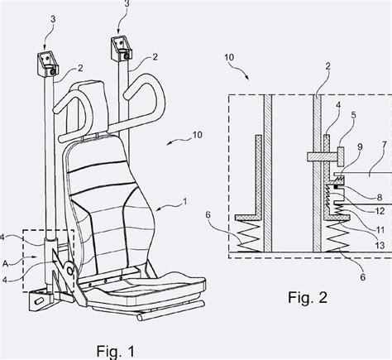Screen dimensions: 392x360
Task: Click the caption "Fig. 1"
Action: (116, 351)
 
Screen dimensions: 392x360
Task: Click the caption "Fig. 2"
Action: (308, 298)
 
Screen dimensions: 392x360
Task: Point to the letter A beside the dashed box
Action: (6, 263)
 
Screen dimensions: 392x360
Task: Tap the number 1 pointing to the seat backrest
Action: (185, 201)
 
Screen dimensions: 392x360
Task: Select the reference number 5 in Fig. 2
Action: (353, 115)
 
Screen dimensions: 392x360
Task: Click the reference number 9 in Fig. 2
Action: (360, 147)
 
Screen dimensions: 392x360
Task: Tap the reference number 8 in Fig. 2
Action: (380, 198)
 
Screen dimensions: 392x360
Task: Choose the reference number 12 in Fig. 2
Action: (380, 211)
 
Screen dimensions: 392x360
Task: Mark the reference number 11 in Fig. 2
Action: (380, 229)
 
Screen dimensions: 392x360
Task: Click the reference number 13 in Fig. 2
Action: (380, 245)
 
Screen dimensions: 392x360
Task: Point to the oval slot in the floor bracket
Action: (39, 300)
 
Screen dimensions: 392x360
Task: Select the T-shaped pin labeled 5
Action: (325, 156)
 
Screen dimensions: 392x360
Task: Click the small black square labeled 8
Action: (336, 187)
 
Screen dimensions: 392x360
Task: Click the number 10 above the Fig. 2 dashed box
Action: (229, 57)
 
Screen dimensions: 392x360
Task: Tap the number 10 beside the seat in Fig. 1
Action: (197, 135)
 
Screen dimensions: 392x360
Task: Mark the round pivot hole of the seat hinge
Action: (70, 271)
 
